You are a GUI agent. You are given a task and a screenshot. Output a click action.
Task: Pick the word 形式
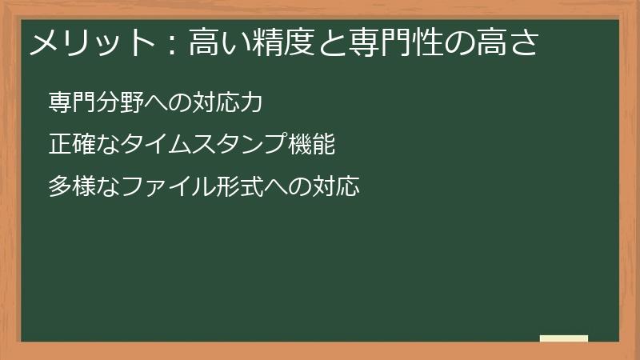(240, 187)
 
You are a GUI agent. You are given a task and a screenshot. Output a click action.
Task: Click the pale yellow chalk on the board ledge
(564, 339)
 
